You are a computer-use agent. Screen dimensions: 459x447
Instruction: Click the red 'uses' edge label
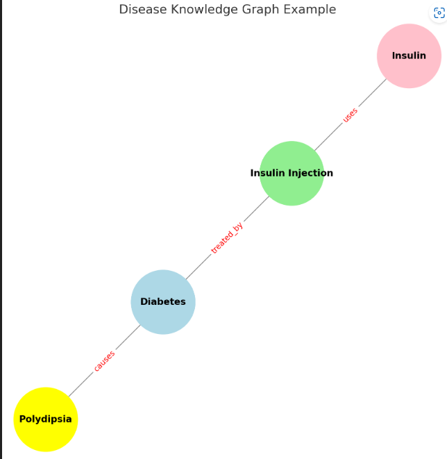[x=351, y=115]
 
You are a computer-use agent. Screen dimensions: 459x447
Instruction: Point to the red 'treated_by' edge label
[x=227, y=238]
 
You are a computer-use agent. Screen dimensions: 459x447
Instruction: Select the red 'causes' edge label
[x=104, y=361]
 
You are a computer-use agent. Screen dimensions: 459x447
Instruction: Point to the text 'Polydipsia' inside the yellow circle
[x=46, y=419]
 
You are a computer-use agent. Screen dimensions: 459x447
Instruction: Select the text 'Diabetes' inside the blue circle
[x=163, y=302]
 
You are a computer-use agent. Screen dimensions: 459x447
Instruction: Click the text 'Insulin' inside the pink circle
[x=409, y=56]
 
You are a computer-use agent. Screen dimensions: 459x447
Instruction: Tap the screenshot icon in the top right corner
[x=439, y=14]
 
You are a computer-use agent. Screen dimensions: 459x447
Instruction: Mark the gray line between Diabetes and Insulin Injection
[x=201, y=264]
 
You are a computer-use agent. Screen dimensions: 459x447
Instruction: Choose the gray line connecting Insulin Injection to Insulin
[x=326, y=139]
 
